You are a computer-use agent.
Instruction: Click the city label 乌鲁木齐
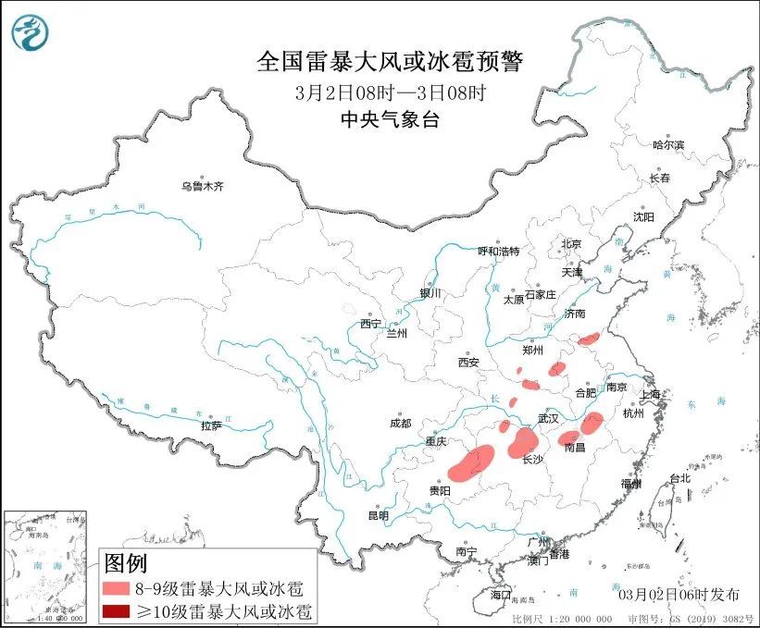coord(203,187)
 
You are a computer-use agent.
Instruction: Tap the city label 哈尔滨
coord(667,145)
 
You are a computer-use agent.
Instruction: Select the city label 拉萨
coord(211,425)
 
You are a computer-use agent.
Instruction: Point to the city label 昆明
coord(379,515)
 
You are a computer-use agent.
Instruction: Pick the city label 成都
coord(400,423)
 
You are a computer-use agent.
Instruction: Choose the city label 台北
coord(679,478)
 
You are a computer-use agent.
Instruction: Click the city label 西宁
coord(370,324)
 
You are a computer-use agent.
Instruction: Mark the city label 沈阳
coord(642,216)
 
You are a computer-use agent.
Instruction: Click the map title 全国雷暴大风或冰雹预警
coord(389,62)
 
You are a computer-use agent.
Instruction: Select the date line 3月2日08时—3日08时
coord(390,92)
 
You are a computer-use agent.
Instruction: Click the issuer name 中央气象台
coord(389,118)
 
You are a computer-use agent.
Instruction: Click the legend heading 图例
coord(126,562)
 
